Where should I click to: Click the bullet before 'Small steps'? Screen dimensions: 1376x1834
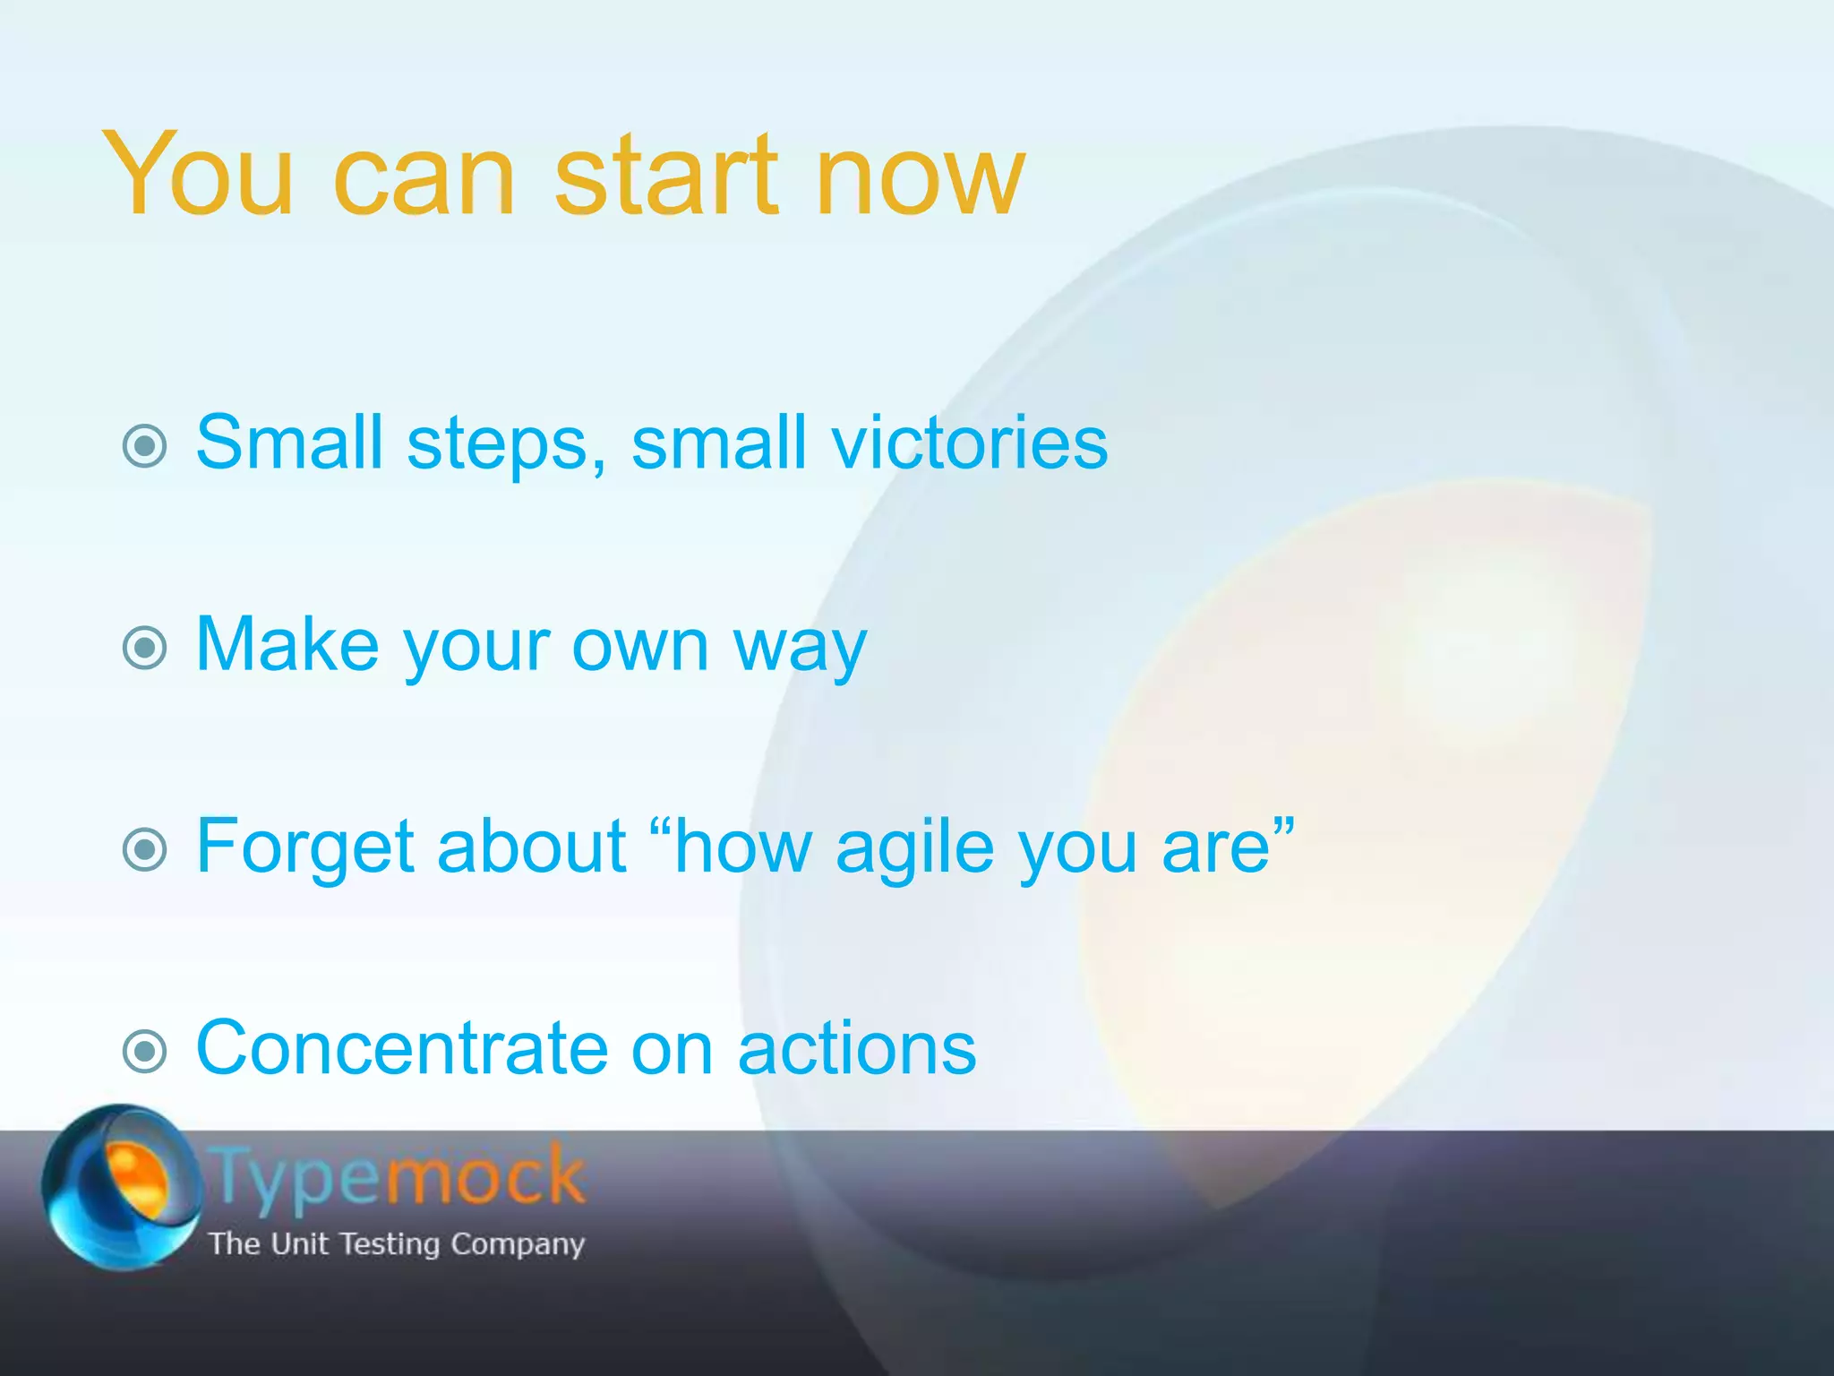(144, 445)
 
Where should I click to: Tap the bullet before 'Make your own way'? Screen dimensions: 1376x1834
(144, 648)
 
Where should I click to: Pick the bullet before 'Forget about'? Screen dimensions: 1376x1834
(144, 849)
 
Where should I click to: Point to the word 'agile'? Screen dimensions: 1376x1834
(914, 849)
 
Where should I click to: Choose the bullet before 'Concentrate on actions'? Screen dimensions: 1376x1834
(144, 1051)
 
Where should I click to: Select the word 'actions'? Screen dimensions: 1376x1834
(857, 1047)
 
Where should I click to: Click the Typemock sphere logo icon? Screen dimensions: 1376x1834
(121, 1186)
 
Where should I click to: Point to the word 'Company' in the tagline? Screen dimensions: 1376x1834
(517, 1244)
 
